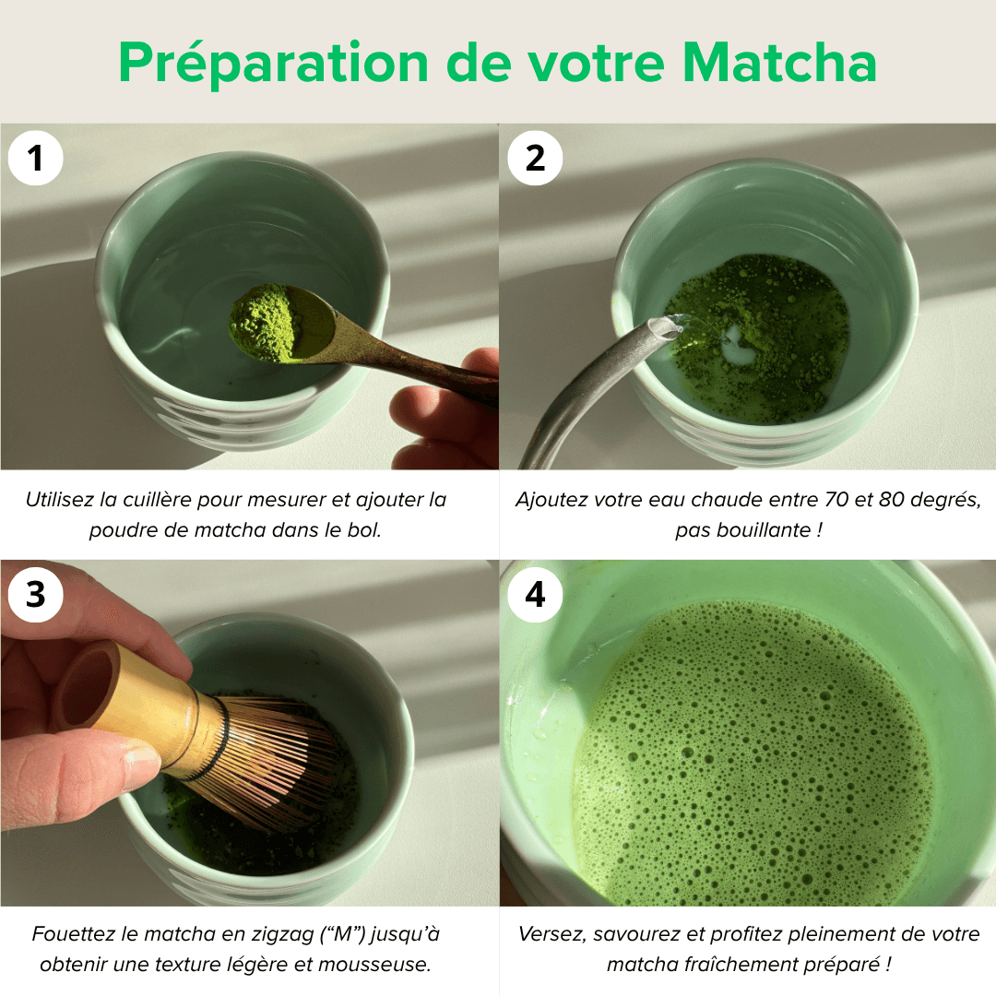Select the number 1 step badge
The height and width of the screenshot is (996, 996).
coord(35,159)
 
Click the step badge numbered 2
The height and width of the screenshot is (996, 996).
coord(535,159)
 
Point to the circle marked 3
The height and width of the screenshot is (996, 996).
coord(35,595)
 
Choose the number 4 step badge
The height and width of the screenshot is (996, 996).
coord(535,595)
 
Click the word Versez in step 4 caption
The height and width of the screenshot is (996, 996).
coord(552,934)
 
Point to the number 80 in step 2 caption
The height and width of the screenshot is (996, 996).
coord(895,500)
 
